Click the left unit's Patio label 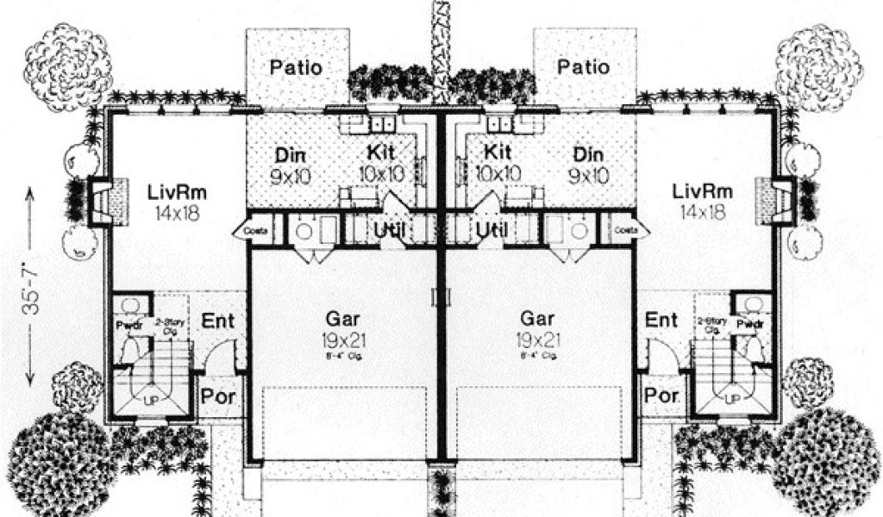pyautogui.click(x=297, y=66)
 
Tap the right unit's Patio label pyautogui.click(x=583, y=66)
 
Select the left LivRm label pyautogui.click(x=173, y=191)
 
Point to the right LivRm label pyautogui.click(x=702, y=191)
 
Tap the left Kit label pyautogui.click(x=381, y=153)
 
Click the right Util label pyautogui.click(x=492, y=230)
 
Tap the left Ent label pyautogui.click(x=218, y=321)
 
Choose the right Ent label pyautogui.click(x=661, y=321)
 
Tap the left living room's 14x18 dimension pyautogui.click(x=173, y=211)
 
